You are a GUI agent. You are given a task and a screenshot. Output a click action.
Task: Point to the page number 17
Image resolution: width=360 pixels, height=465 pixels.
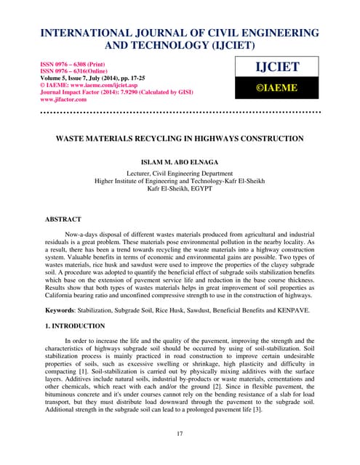pos(180,434)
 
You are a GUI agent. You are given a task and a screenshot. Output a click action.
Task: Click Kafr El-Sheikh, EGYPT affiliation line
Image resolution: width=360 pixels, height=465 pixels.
pos(180,188)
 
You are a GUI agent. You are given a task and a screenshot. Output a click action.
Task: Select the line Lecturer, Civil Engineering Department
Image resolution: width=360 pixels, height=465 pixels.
pos(180,174)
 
